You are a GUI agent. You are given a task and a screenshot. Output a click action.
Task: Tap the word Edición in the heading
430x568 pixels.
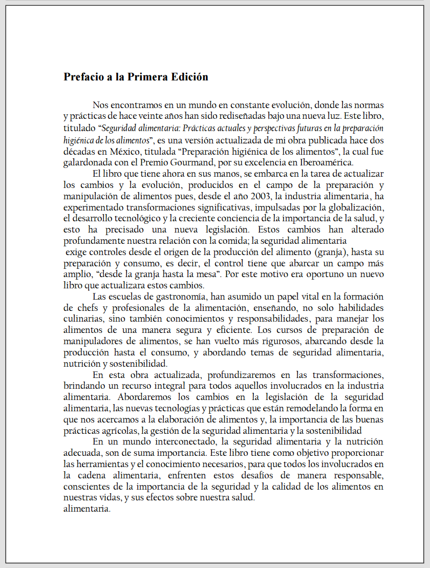[189, 77]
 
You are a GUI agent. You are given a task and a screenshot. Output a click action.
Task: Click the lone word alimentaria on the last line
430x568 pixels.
[87, 509]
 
